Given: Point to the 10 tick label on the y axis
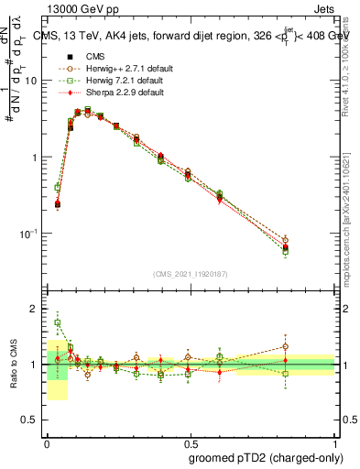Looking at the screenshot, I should tap(30, 81).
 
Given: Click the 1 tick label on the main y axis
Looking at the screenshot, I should tap(34, 158).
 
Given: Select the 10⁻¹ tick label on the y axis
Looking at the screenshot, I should tap(28, 234).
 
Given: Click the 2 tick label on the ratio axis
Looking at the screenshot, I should tap(34, 309).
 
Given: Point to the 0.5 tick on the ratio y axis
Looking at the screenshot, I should tap(30, 420).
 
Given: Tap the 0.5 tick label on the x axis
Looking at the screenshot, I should tap(191, 442).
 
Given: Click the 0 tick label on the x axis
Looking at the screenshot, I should tap(46, 442).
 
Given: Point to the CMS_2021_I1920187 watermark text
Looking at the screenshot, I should tap(190, 274).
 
